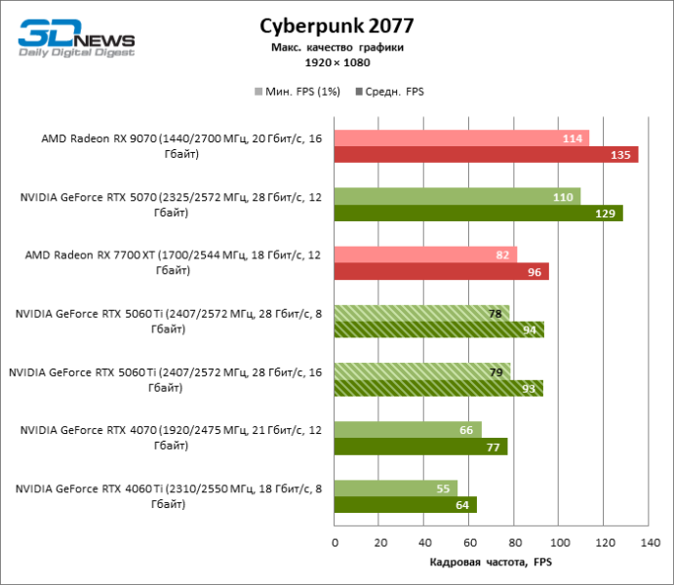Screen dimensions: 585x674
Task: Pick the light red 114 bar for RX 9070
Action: (462, 138)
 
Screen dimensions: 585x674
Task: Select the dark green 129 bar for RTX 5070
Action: (479, 213)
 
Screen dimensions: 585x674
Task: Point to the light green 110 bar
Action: (457, 197)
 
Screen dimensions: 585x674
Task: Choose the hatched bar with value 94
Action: (439, 330)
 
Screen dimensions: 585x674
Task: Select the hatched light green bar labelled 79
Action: (422, 371)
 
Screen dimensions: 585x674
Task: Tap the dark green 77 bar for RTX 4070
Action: (420, 447)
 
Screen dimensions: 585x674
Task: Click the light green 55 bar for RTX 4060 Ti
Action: (396, 488)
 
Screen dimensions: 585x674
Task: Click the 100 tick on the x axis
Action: (559, 542)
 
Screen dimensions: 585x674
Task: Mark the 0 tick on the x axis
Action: (335, 542)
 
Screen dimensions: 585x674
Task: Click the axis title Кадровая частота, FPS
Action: (491, 563)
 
